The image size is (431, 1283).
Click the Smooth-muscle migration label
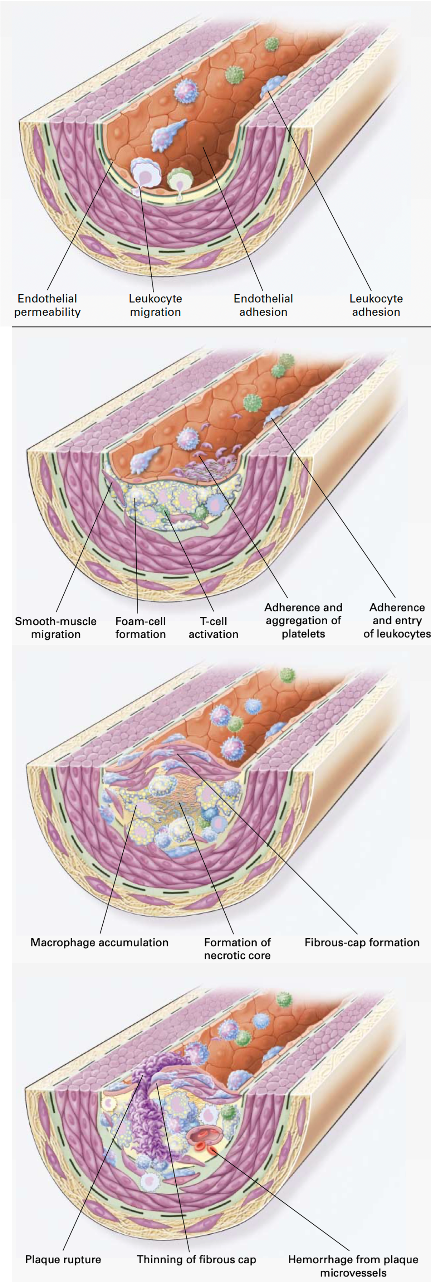pyautogui.click(x=56, y=628)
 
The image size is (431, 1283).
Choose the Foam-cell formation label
pyautogui.click(x=140, y=628)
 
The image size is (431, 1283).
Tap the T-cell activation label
pyautogui.click(x=214, y=628)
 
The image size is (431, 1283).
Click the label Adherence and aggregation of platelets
pyautogui.click(x=303, y=621)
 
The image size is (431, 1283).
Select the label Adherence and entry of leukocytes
pyautogui.click(x=397, y=621)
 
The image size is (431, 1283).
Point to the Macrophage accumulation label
pyautogui.click(x=99, y=942)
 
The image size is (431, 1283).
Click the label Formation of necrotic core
pyautogui.click(x=237, y=949)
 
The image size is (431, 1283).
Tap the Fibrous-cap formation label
pyautogui.click(x=362, y=942)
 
